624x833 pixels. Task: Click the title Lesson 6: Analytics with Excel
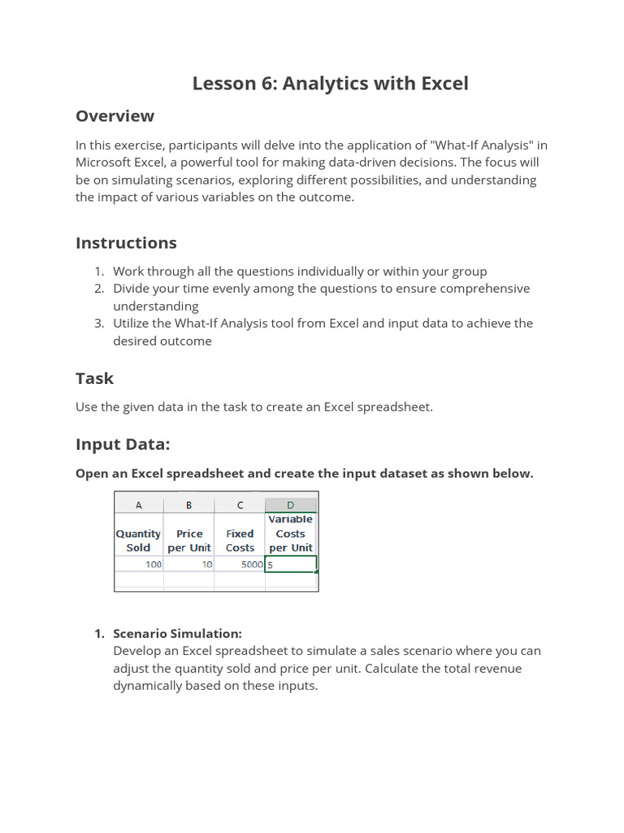pyautogui.click(x=330, y=84)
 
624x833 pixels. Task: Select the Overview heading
pyautogui.click(x=115, y=116)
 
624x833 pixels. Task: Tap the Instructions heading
pyautogui.click(x=126, y=243)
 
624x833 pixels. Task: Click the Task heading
pyautogui.click(x=94, y=378)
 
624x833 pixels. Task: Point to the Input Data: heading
pyautogui.click(x=123, y=444)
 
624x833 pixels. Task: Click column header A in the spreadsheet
pyautogui.click(x=139, y=504)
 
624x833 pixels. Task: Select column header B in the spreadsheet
pyautogui.click(x=189, y=504)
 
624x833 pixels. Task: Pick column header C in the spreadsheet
pyautogui.click(x=240, y=504)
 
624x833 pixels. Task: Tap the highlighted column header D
pyautogui.click(x=291, y=504)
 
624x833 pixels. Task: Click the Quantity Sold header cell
pyautogui.click(x=139, y=540)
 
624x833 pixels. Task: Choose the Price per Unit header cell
pyautogui.click(x=189, y=540)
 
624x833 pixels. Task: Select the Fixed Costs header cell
pyautogui.click(x=240, y=540)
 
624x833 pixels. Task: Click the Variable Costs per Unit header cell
pyautogui.click(x=291, y=534)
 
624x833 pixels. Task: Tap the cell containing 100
pyautogui.click(x=139, y=564)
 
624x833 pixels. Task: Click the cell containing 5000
pyautogui.click(x=240, y=564)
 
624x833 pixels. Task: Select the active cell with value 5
pyautogui.click(x=291, y=564)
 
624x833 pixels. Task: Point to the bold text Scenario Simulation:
pyautogui.click(x=177, y=634)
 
